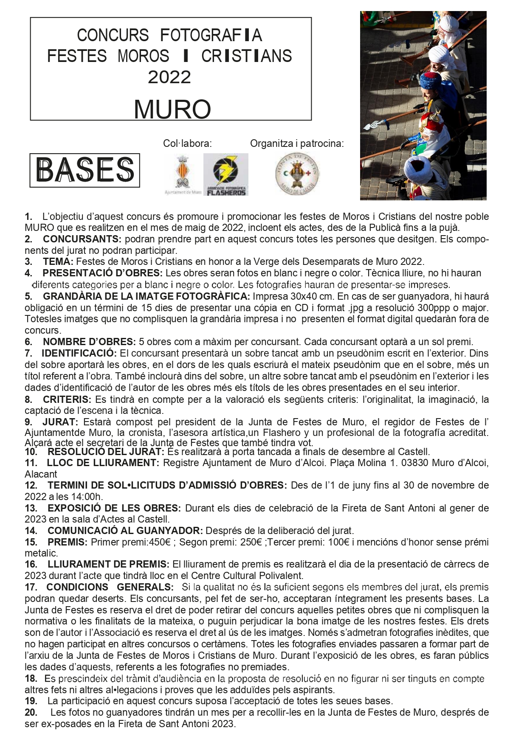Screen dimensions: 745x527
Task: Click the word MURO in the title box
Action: (172, 110)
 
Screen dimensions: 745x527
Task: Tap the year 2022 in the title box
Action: (169, 77)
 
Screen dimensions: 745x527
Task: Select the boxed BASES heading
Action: (85, 170)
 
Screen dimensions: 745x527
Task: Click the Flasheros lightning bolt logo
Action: (225, 174)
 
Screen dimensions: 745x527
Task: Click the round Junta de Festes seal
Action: (297, 173)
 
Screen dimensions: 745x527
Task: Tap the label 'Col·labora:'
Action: (187, 143)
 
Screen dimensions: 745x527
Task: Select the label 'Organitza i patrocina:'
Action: (297, 143)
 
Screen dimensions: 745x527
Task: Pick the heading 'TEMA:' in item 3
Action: (58, 261)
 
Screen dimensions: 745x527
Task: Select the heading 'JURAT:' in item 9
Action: (60, 422)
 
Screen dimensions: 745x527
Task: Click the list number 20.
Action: (31, 712)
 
